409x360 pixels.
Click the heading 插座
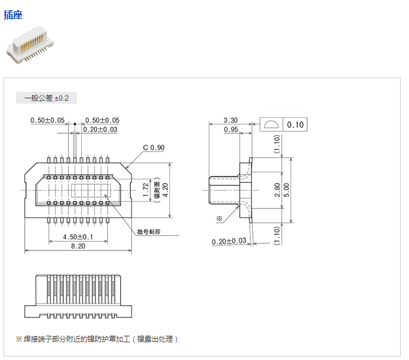[x=13, y=14]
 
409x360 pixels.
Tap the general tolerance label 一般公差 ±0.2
[x=46, y=98]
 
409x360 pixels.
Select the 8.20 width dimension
[x=78, y=246]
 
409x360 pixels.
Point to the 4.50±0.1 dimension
[x=77, y=237]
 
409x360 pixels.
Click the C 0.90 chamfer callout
[x=153, y=147]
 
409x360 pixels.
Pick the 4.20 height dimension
[x=166, y=189]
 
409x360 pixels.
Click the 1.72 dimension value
[x=146, y=189]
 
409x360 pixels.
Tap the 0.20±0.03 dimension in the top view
[x=100, y=129]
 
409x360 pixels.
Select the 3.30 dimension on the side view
[x=231, y=120]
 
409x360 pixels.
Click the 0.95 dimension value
[x=231, y=129]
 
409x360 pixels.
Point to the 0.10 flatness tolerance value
[x=295, y=125]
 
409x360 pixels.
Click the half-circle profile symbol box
[x=271, y=125]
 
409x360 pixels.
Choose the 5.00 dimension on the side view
[x=286, y=189]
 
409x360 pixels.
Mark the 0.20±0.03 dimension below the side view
[x=229, y=241]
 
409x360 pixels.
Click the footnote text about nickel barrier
[x=96, y=339]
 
